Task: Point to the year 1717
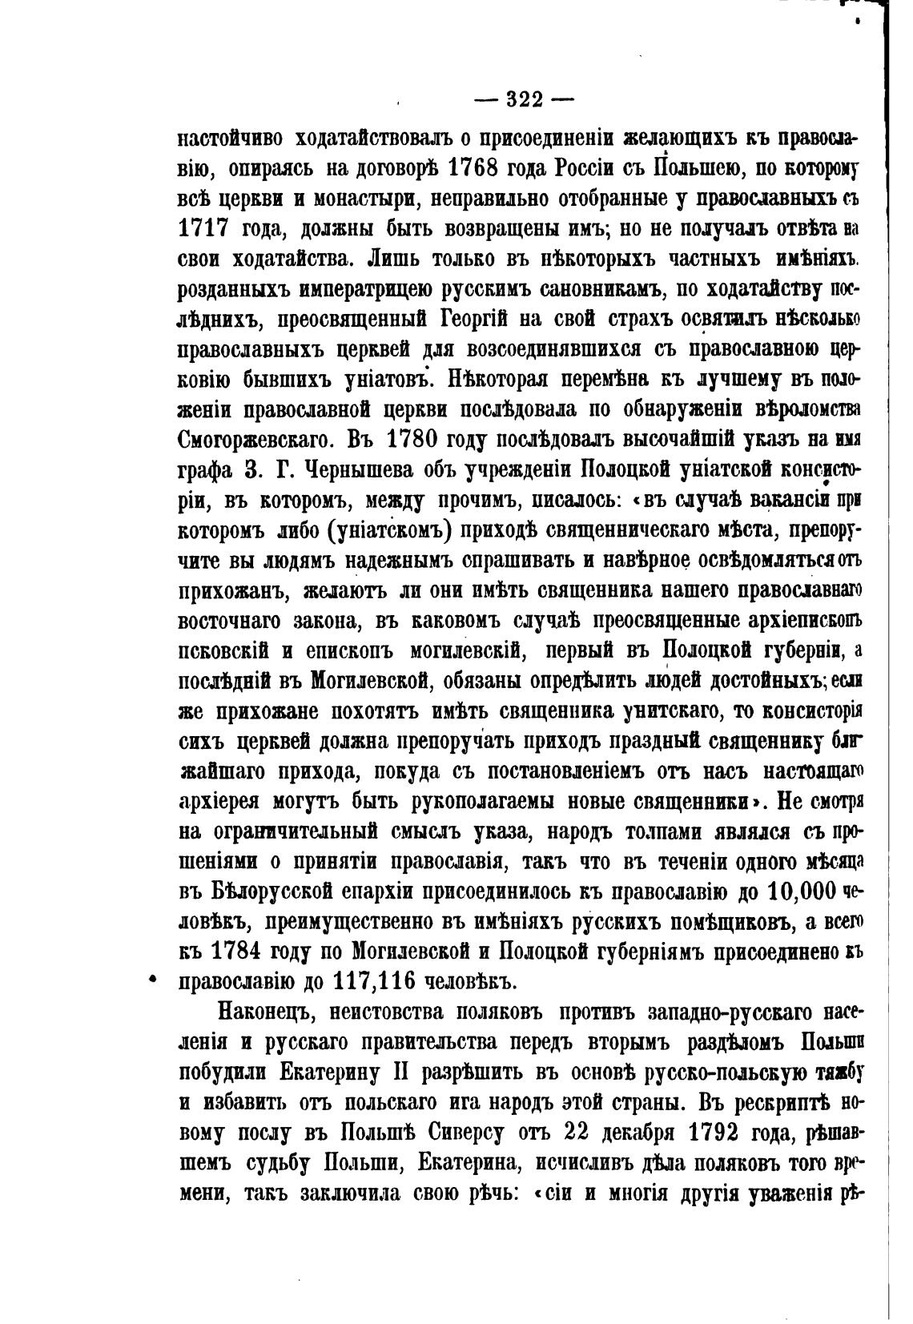click(x=203, y=229)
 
